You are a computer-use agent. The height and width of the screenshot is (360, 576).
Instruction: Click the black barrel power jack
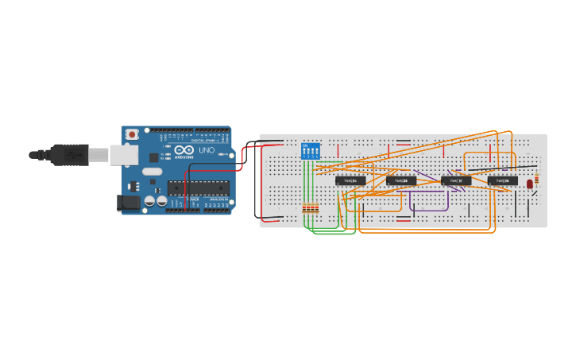pos(128,203)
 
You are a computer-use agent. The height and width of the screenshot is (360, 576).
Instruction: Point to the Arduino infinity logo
pos(184,150)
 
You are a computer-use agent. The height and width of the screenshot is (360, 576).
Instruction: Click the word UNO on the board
pos(206,150)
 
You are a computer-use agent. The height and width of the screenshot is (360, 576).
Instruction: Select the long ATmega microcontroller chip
pos(198,188)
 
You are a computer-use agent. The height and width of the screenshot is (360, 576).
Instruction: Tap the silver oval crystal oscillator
pos(153,172)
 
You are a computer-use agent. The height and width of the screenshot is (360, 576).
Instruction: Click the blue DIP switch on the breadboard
pos(311,151)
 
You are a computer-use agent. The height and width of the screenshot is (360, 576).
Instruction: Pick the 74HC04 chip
pos(350,181)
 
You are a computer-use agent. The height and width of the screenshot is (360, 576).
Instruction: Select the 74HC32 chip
pos(456,181)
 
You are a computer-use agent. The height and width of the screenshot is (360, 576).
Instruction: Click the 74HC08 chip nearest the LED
pos(503,181)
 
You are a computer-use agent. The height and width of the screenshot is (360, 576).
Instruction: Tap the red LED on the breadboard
pos(530,184)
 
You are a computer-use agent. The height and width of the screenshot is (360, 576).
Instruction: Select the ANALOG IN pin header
pos(217,210)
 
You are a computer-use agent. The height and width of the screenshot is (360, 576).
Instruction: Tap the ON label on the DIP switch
pos(306,145)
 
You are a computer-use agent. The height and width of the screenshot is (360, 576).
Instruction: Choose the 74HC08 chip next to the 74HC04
pos(401,181)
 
